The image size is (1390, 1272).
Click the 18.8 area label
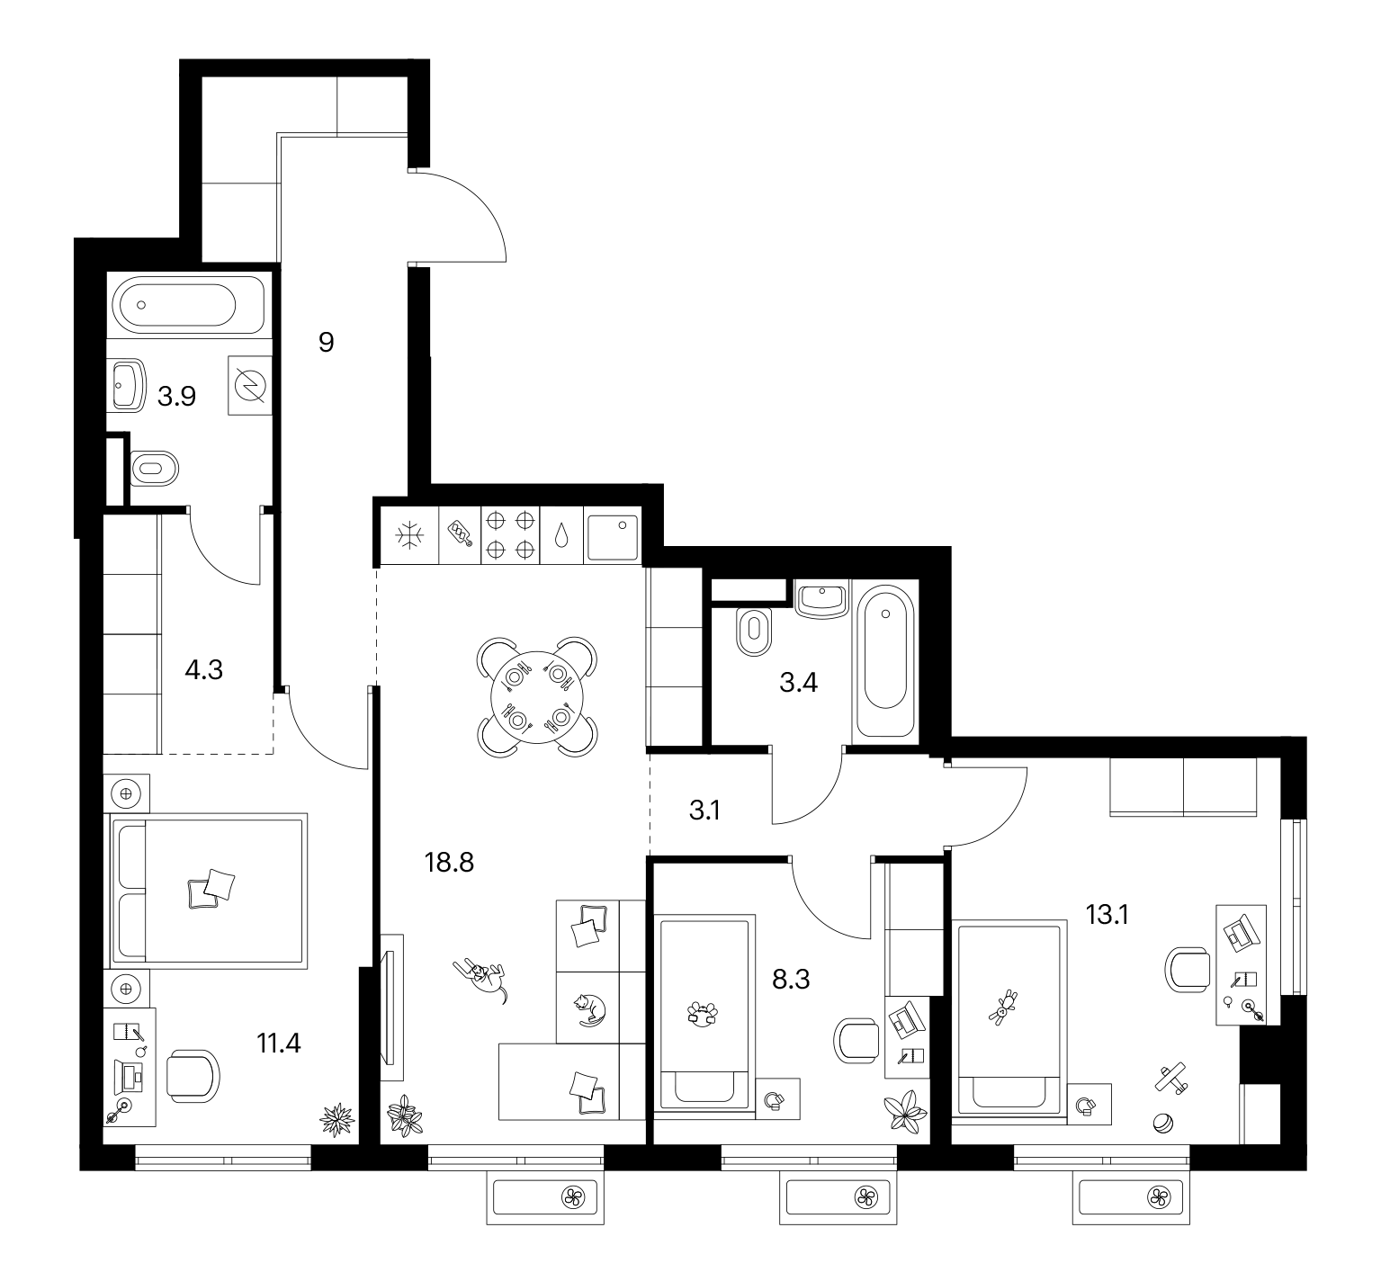pos(448,864)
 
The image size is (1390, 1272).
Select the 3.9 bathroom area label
pos(176,396)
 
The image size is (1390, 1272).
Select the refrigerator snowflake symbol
pos(410,536)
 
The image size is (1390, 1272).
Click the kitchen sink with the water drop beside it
pos(613,536)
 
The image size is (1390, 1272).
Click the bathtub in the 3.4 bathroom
pos(886,661)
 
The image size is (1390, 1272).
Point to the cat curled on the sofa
pos(589,1009)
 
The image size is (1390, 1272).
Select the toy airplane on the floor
pos(1170,1075)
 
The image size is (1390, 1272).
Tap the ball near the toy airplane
pos(1162,1124)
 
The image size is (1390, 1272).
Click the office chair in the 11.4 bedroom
pos(192,1075)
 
